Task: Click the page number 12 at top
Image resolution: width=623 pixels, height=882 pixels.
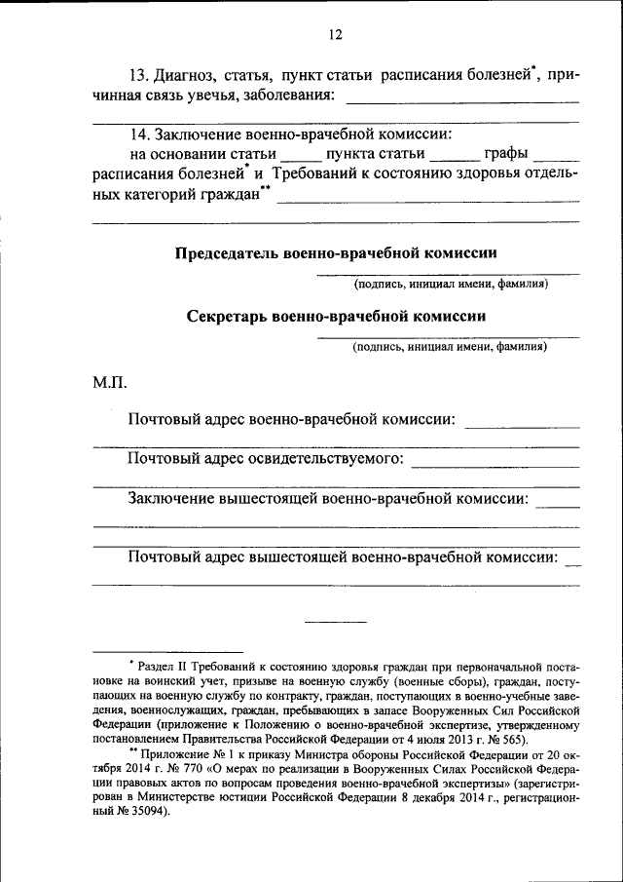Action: [x=335, y=35]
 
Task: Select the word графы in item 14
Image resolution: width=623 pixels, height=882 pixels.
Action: [x=507, y=154]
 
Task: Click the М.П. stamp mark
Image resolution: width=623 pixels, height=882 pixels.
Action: [x=109, y=383]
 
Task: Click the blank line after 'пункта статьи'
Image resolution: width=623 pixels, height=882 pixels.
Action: [x=455, y=157]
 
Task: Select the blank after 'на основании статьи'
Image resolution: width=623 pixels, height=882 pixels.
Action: [x=300, y=157]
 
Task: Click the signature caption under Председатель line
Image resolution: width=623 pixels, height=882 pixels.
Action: [x=451, y=284]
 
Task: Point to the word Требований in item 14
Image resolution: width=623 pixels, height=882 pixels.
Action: [x=310, y=173]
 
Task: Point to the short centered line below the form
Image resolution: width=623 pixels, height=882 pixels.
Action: [x=336, y=621]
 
